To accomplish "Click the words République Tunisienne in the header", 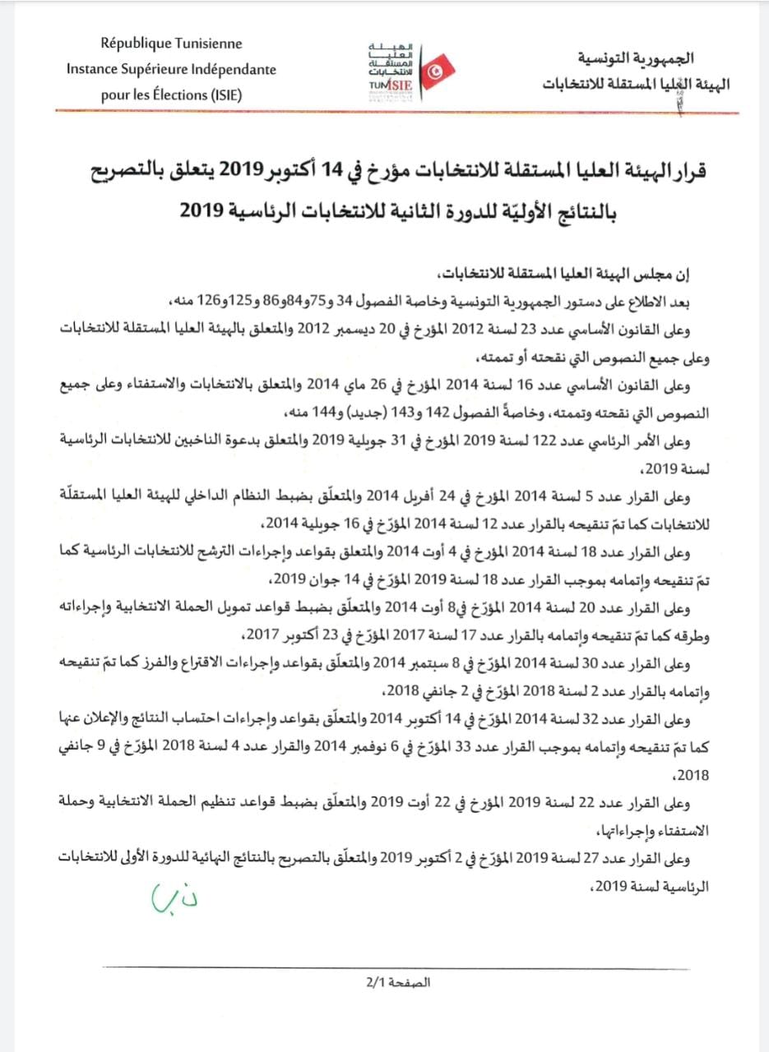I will [x=171, y=44].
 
